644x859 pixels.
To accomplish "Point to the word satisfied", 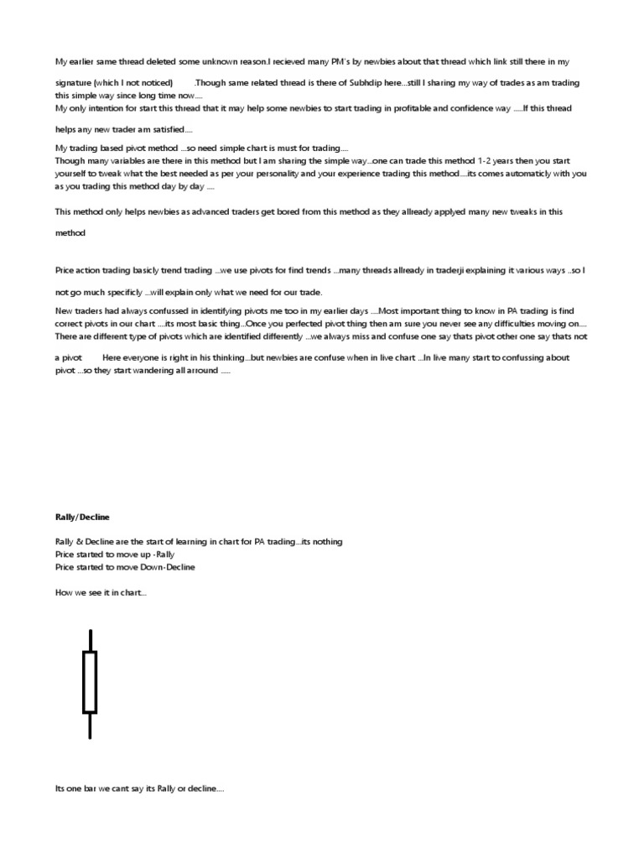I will [x=170, y=129].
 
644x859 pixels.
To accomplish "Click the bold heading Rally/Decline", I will [x=82, y=517].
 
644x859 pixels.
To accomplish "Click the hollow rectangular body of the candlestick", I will [x=90, y=681].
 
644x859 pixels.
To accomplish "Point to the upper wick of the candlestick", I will [x=90, y=640].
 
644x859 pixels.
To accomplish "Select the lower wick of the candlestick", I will [x=90, y=726].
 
